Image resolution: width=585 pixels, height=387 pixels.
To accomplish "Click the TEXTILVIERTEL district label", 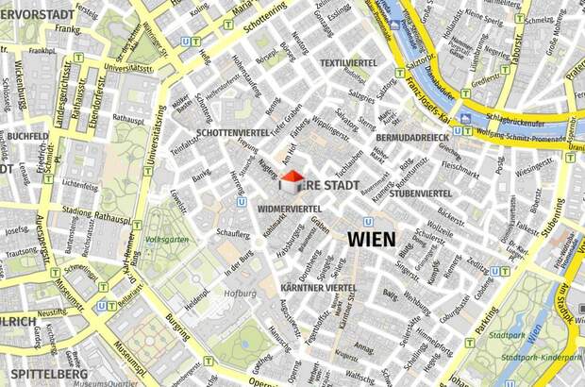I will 349,63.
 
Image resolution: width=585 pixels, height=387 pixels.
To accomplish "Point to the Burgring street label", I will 178,328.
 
